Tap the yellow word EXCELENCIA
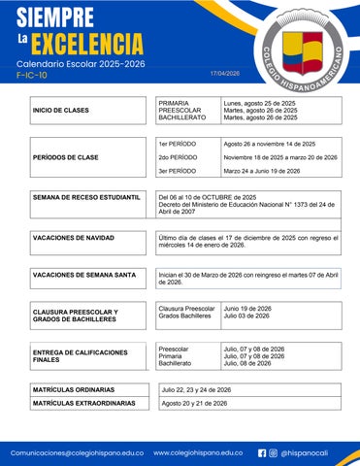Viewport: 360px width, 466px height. tap(86, 43)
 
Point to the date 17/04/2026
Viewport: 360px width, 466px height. tap(224, 73)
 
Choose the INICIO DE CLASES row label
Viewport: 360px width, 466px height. tap(61, 111)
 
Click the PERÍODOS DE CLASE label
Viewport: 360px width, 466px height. tap(65, 156)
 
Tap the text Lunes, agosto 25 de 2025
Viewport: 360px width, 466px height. tap(259, 102)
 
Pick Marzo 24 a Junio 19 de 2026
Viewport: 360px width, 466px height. tap(269, 170)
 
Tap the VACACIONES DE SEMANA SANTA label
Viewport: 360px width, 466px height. tap(84, 275)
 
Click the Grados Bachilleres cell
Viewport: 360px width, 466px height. tap(184, 316)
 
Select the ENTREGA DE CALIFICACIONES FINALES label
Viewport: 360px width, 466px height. tap(80, 355)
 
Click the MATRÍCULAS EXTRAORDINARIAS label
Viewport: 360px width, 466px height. tap(83, 403)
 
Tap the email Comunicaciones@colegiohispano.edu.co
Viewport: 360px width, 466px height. tap(77, 452)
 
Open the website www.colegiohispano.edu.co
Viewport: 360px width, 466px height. tap(198, 452)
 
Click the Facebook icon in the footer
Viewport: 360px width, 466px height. tap(262, 452)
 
